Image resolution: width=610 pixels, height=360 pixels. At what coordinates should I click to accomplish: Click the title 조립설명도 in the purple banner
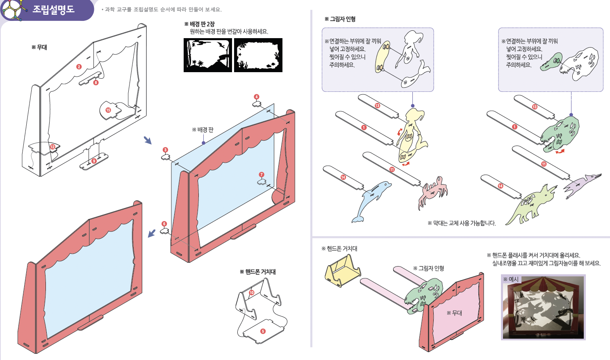pos(54,9)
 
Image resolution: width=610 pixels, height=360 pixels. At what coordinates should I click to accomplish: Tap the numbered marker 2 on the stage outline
pos(79,66)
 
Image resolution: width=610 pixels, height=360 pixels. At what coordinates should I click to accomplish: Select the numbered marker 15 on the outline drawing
pos(108,110)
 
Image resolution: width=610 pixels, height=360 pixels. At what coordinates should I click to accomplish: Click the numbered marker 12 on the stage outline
pos(52,147)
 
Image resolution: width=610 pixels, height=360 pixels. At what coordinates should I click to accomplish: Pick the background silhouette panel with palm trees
pos(207,55)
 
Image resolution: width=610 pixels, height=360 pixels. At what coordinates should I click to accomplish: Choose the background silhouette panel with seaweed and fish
pos(258,55)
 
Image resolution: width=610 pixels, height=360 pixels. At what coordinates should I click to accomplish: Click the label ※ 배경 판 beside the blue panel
pos(203,130)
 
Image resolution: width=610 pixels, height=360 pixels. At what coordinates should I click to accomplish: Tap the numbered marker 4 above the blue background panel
pos(257,97)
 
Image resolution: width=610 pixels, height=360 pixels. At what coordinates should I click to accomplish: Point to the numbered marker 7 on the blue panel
pos(262,175)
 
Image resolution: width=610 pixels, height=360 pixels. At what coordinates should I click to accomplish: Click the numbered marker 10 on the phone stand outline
pos(252,292)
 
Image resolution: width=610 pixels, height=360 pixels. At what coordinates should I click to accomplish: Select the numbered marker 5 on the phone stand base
pos(263,331)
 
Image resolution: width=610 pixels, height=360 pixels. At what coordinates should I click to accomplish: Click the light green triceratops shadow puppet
pos(531,205)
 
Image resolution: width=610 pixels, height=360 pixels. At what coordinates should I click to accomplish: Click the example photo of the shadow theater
pos(543,307)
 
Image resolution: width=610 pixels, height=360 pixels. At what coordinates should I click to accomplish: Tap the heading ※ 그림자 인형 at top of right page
pos(340,19)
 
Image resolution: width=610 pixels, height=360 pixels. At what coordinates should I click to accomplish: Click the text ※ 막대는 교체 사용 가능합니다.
pos(462,223)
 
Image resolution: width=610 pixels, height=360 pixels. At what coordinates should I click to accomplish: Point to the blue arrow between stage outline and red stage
pos(148,140)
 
